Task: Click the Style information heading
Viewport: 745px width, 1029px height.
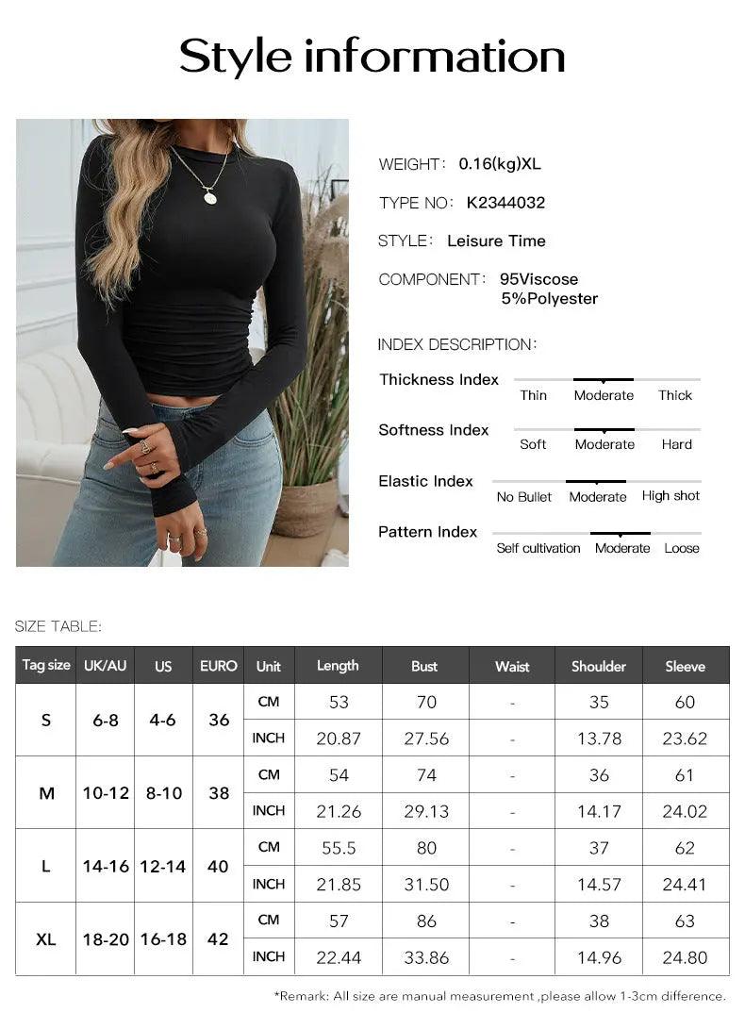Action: (x=372, y=57)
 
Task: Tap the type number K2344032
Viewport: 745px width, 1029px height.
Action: (x=505, y=203)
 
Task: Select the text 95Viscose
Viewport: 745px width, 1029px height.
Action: (x=538, y=279)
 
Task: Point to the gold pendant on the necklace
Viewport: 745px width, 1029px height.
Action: (x=209, y=197)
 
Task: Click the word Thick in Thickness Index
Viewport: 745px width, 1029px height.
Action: (x=675, y=395)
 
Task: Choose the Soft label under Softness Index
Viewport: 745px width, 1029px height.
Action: (x=533, y=444)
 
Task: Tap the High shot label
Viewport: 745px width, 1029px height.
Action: (x=670, y=496)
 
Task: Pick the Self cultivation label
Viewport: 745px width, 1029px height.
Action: (x=538, y=548)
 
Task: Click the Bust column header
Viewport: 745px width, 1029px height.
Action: (x=424, y=666)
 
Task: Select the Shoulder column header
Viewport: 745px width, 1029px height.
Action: (x=598, y=666)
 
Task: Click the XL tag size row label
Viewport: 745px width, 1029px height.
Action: (x=46, y=939)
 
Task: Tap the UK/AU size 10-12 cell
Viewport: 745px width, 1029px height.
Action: (x=106, y=793)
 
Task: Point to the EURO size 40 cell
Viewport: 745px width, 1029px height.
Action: (x=218, y=866)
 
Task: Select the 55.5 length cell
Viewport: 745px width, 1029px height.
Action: (x=339, y=848)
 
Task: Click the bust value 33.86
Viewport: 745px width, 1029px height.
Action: (x=426, y=957)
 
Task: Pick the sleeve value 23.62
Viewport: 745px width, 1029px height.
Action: (x=685, y=739)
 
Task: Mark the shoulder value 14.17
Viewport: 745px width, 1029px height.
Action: (x=599, y=811)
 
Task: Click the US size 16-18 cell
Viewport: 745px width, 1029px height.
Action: (x=163, y=939)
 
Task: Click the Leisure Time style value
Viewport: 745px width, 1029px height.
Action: (x=496, y=241)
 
